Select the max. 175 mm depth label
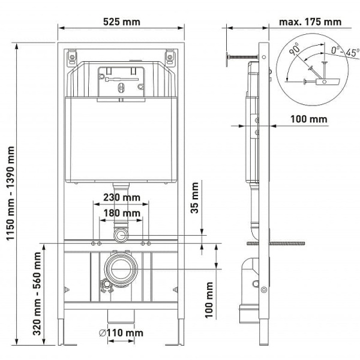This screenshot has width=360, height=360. tap(310, 22)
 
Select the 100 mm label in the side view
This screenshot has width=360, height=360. tap(310, 119)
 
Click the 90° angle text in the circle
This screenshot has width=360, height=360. tap(293, 51)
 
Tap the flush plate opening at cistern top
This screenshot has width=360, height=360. tap(120, 80)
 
